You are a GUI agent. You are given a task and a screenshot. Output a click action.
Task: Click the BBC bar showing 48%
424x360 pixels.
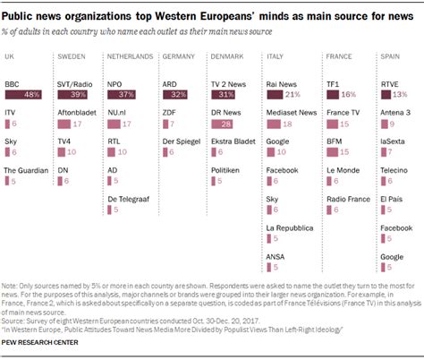tap(25, 93)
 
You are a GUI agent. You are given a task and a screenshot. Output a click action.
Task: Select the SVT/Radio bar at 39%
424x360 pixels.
tap(75, 93)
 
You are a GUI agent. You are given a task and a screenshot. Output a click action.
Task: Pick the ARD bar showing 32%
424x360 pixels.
tap(175, 93)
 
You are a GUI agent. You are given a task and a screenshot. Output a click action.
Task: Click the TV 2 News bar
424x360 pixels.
tap(223, 93)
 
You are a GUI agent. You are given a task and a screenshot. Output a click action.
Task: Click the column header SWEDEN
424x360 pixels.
tap(71, 56)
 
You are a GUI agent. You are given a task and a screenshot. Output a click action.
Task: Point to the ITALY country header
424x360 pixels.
tap(275, 56)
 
